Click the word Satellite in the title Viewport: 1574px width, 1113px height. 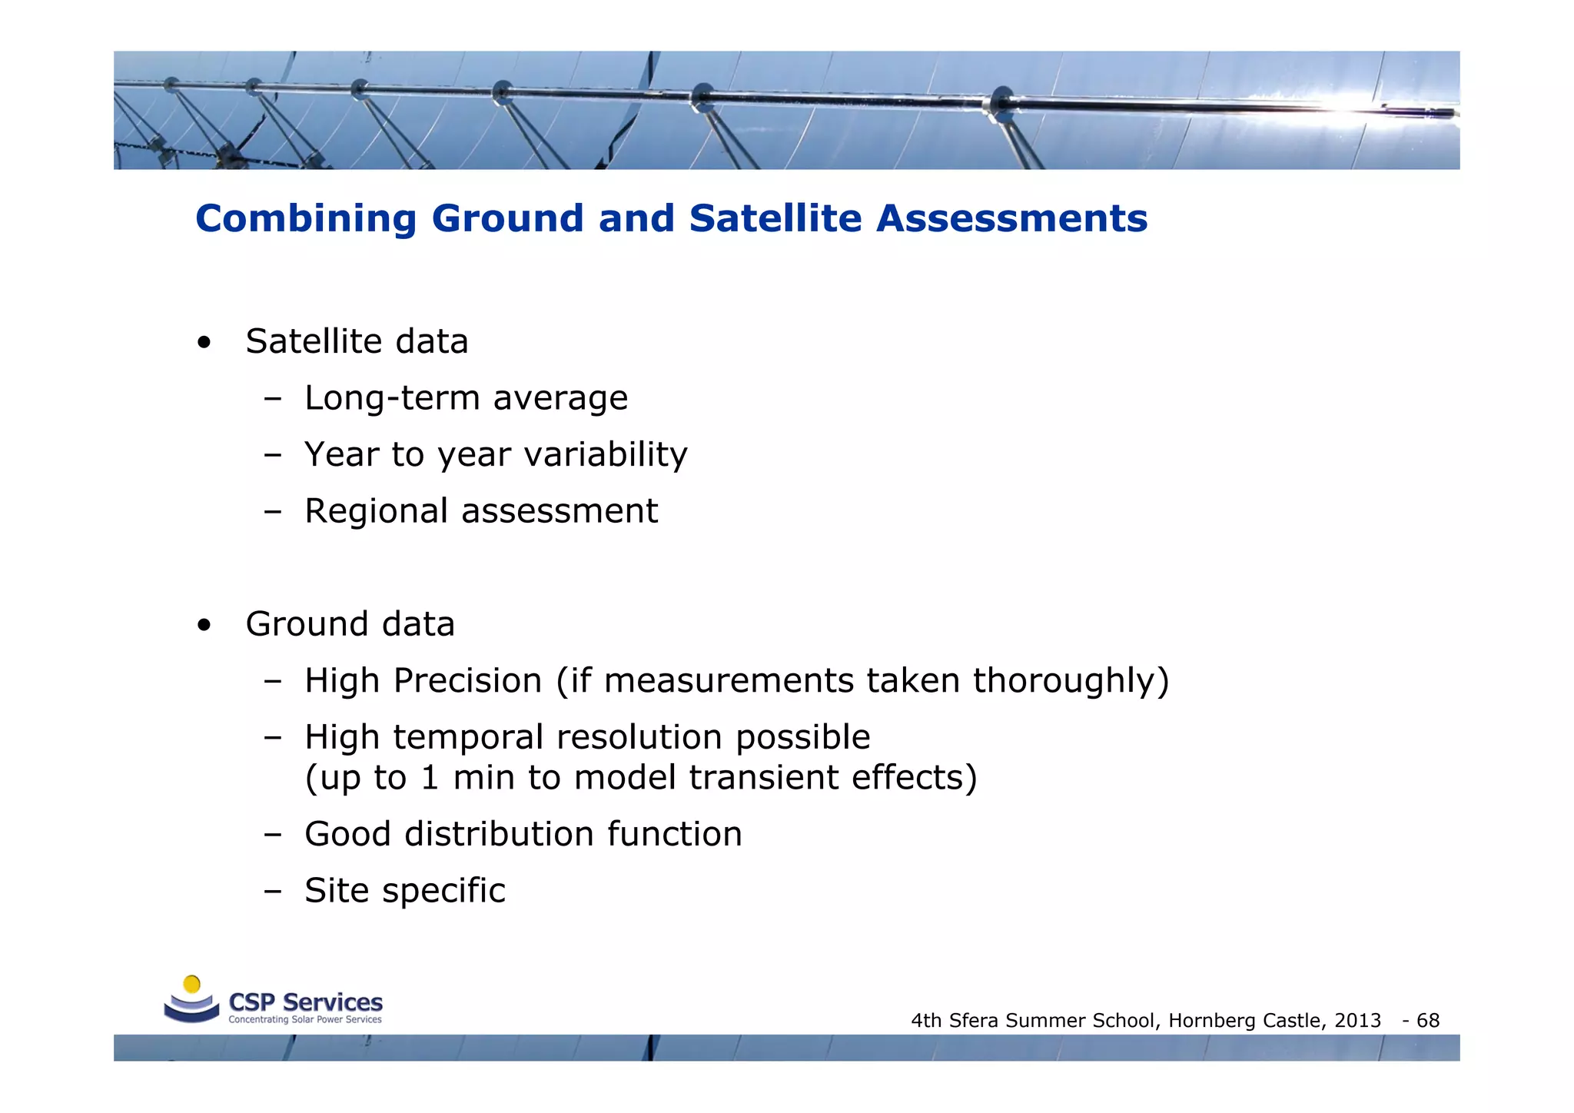point(775,218)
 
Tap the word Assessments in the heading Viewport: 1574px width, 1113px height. point(1011,218)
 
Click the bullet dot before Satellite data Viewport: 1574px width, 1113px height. point(204,343)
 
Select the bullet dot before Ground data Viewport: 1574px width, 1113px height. point(204,626)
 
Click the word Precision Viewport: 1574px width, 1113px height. point(467,681)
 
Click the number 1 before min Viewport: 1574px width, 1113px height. point(430,778)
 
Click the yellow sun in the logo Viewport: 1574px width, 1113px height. point(192,984)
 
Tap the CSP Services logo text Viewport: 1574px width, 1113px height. point(305,1002)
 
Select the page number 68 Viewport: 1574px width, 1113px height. point(1428,1021)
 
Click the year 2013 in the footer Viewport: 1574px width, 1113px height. point(1357,1021)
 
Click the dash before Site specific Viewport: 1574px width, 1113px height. point(272,892)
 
